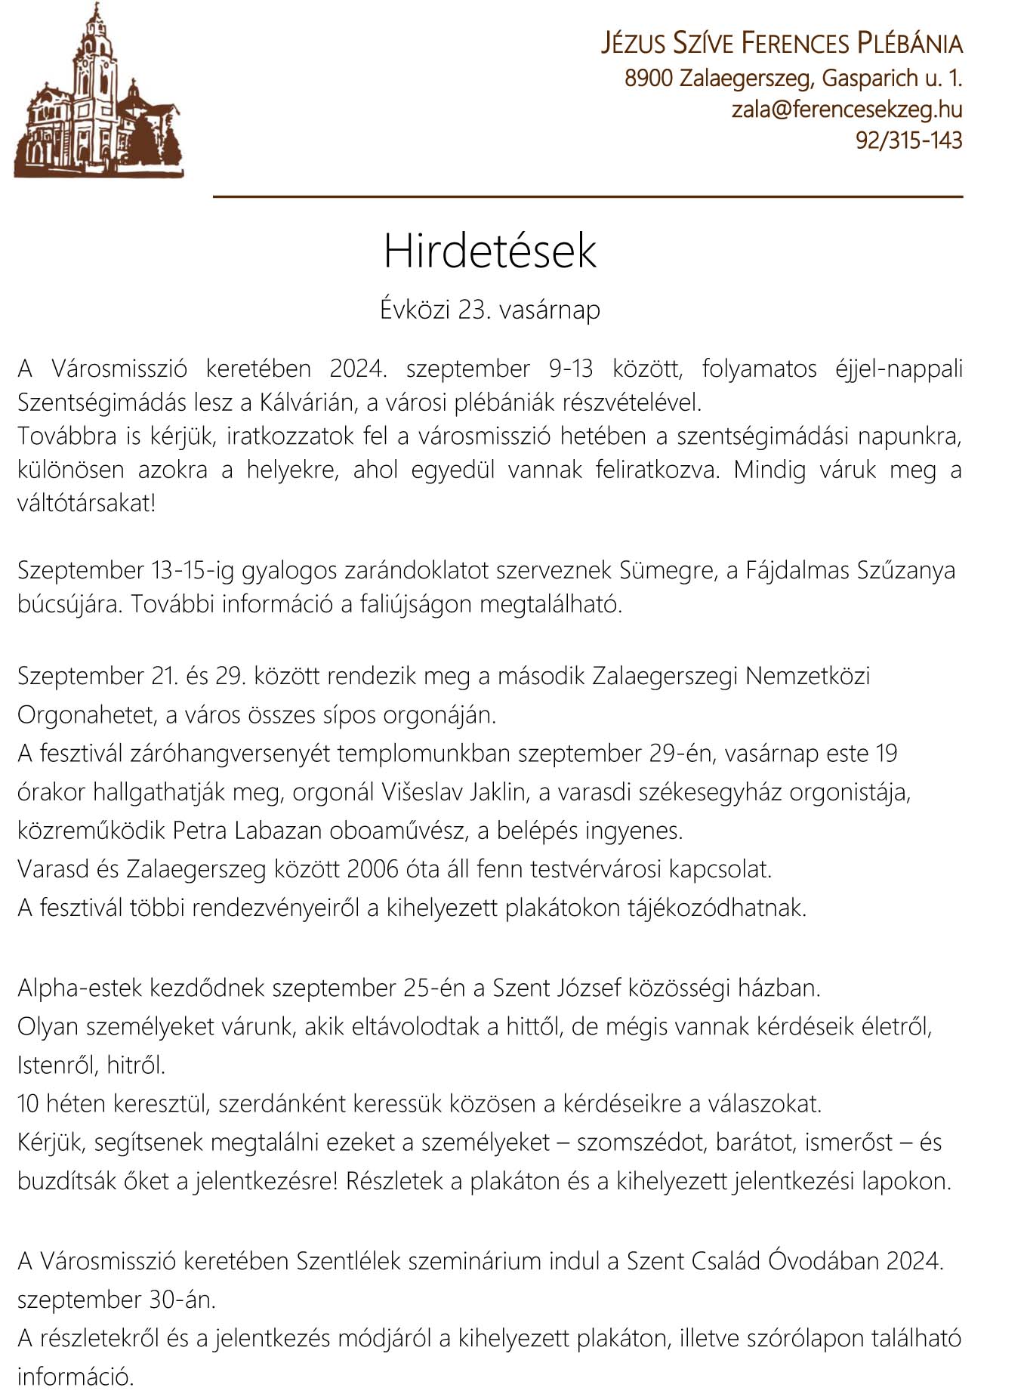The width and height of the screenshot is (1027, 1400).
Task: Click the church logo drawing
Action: tap(98, 94)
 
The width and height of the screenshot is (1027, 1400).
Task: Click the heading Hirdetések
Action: tap(489, 251)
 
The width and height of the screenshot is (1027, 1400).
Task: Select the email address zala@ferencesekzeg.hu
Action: tap(847, 109)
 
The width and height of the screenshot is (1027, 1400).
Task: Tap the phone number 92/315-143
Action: tap(908, 140)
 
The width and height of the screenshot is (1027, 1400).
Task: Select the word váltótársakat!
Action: tap(86, 504)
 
